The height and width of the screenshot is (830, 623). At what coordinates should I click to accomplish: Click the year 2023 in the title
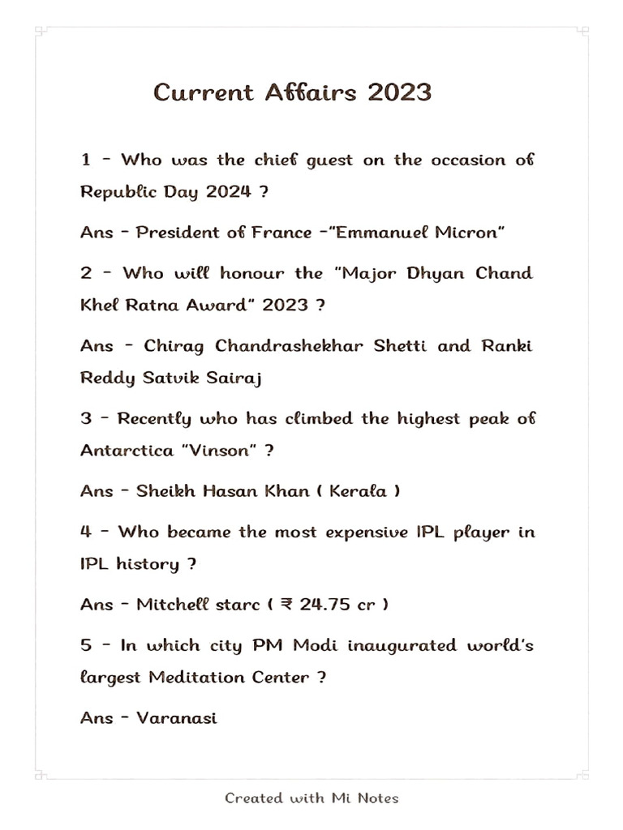tap(399, 92)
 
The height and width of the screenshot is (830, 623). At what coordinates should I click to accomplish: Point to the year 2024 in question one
tap(228, 192)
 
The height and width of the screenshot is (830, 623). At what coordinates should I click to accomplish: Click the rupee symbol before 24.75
tap(286, 605)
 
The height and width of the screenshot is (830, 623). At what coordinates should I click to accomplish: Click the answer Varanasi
tap(176, 718)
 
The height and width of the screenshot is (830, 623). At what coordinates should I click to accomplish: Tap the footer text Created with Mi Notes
tap(311, 798)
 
